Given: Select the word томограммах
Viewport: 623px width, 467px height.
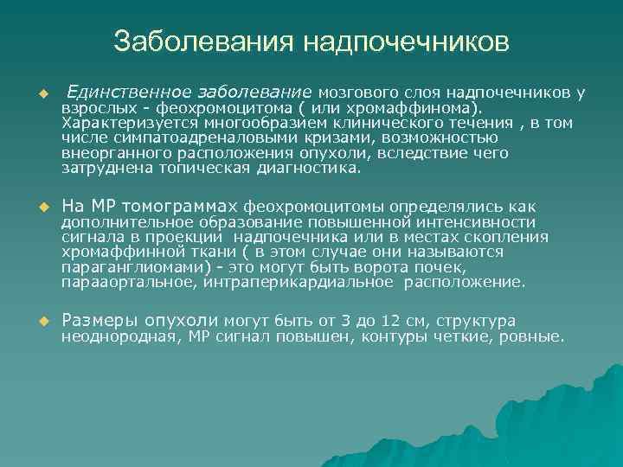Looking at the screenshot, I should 182,207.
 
